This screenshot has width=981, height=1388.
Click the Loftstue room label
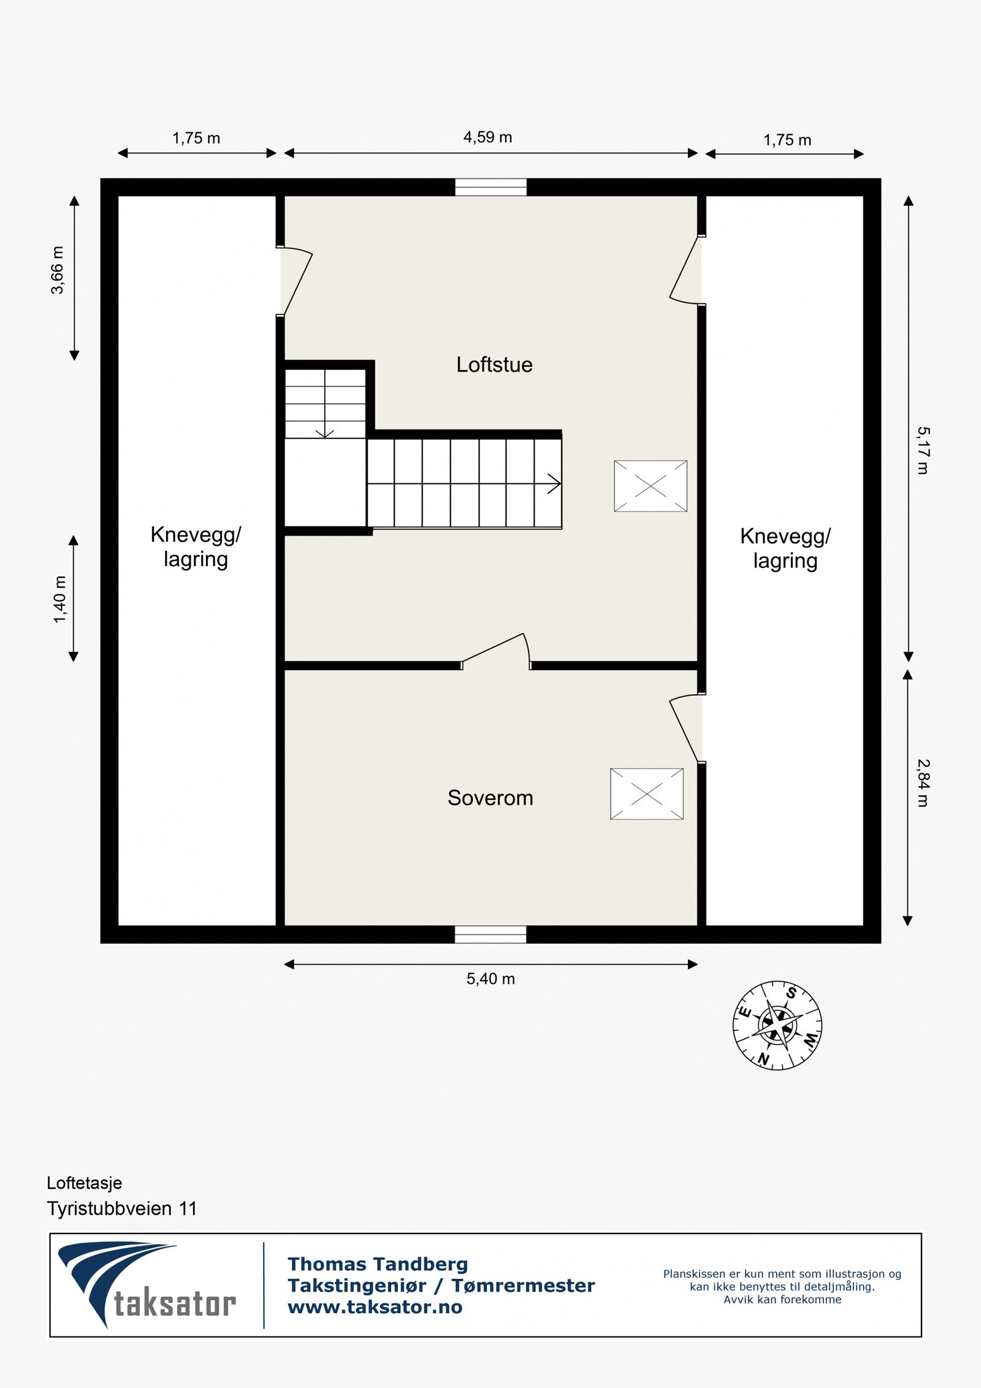tap(494, 365)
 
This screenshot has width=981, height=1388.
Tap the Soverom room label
tap(490, 798)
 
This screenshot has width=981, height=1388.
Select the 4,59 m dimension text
tap(487, 137)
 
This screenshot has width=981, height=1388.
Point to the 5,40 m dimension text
tap(490, 979)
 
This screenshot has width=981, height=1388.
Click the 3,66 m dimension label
tap(58, 270)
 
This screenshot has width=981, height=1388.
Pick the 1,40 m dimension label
tap(59, 599)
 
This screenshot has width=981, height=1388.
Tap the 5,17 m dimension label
tap(923, 451)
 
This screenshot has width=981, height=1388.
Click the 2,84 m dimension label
tap(923, 783)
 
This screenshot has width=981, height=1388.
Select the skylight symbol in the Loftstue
tap(651, 486)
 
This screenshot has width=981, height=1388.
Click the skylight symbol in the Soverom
tap(647, 794)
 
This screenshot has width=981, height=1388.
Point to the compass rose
tap(777, 1026)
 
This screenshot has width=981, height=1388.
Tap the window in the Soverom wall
tap(490, 934)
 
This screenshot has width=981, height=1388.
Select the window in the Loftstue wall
tap(490, 187)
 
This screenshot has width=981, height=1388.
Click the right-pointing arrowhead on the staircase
tap(555, 484)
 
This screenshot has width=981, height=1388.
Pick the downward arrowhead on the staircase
tap(324, 434)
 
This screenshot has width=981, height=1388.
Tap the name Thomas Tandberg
tap(378, 1264)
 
